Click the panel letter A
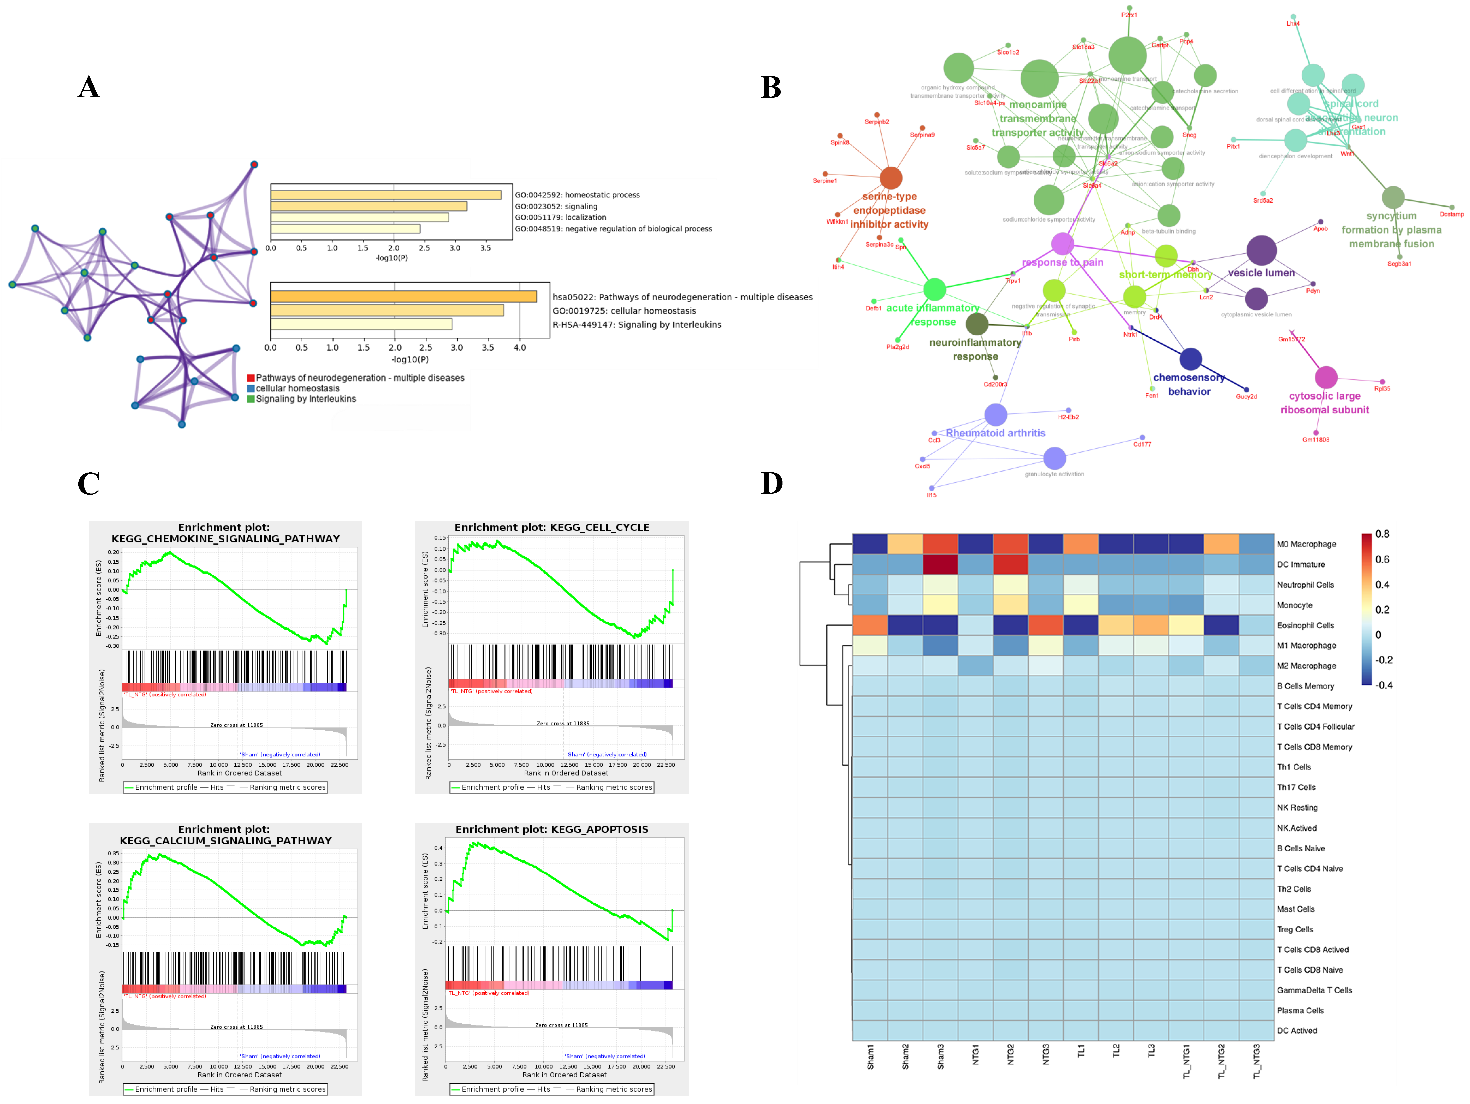tap(88, 87)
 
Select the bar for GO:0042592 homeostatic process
tap(385, 195)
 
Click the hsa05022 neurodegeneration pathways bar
tap(403, 296)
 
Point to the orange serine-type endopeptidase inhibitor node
tap(891, 178)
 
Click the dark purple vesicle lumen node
tap(1261, 250)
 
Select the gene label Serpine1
tap(825, 181)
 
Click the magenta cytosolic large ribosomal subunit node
tap(1326, 377)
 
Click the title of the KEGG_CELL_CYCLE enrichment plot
tap(552, 527)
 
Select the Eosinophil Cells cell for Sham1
tap(870, 625)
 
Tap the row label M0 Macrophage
tap(1306, 544)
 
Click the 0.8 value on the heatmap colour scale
tap(1382, 534)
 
